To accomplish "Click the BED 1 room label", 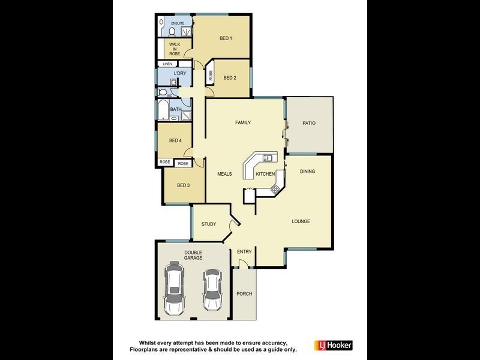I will point(226,38).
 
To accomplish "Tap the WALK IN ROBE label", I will point(174,49).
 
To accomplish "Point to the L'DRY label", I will point(179,74).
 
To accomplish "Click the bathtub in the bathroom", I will point(163,110).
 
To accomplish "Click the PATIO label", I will point(309,123).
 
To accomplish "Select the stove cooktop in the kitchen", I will point(275,190).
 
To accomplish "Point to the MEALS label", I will point(224,174).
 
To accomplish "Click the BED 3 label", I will point(183,185).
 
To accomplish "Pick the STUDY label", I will point(208,224).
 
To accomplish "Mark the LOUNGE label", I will point(301,221).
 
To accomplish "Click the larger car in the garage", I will point(175,288).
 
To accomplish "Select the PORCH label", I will point(244,294).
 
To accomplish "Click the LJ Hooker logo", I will point(333,345).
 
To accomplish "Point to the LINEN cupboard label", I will point(167,64).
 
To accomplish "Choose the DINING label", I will point(307,172).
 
